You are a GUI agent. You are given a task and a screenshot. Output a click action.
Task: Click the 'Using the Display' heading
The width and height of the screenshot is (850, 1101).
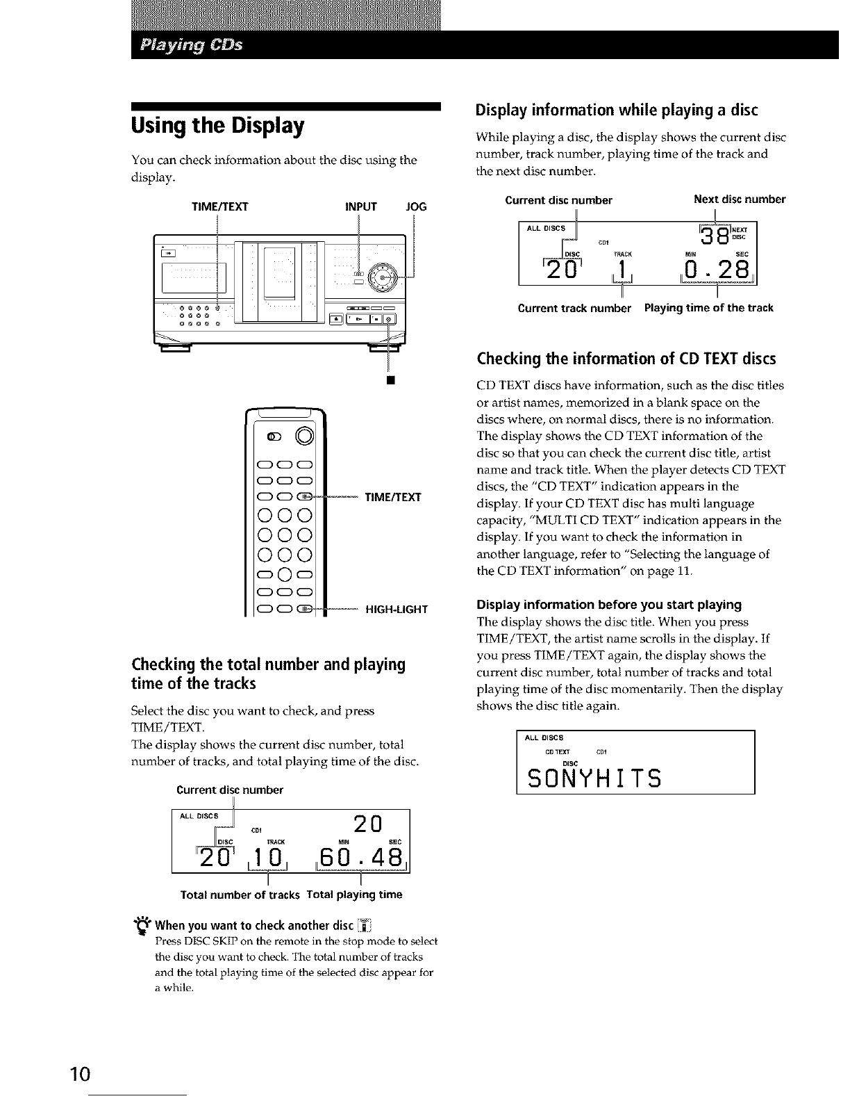tap(217, 127)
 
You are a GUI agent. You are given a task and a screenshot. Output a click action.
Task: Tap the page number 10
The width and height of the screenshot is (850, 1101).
tap(81, 1075)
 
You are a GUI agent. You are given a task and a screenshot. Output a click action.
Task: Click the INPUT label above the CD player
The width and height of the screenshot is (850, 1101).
tap(360, 206)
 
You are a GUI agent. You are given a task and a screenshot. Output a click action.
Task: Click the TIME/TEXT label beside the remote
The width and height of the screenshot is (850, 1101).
tap(392, 498)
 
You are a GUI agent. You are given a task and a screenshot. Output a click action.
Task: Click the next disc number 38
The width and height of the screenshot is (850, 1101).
tap(713, 236)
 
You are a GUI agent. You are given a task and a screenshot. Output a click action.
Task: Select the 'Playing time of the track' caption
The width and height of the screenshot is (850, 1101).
tap(708, 308)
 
